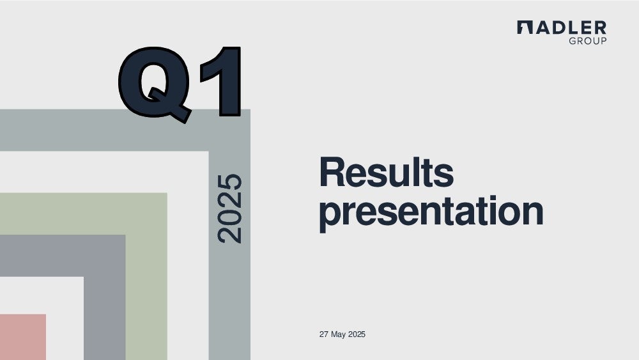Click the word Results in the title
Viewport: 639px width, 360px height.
point(387,172)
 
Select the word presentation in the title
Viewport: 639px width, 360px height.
point(431,212)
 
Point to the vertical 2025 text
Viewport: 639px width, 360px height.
point(230,208)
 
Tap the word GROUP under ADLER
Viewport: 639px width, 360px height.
point(588,41)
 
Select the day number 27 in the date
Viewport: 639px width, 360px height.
point(323,334)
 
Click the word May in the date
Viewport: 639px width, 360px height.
point(338,334)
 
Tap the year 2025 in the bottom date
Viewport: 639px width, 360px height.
point(357,334)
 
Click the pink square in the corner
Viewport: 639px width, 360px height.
point(23,337)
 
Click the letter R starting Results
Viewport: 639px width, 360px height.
point(332,172)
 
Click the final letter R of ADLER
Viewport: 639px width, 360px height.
point(601,27)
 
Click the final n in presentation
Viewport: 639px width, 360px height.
point(533,212)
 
